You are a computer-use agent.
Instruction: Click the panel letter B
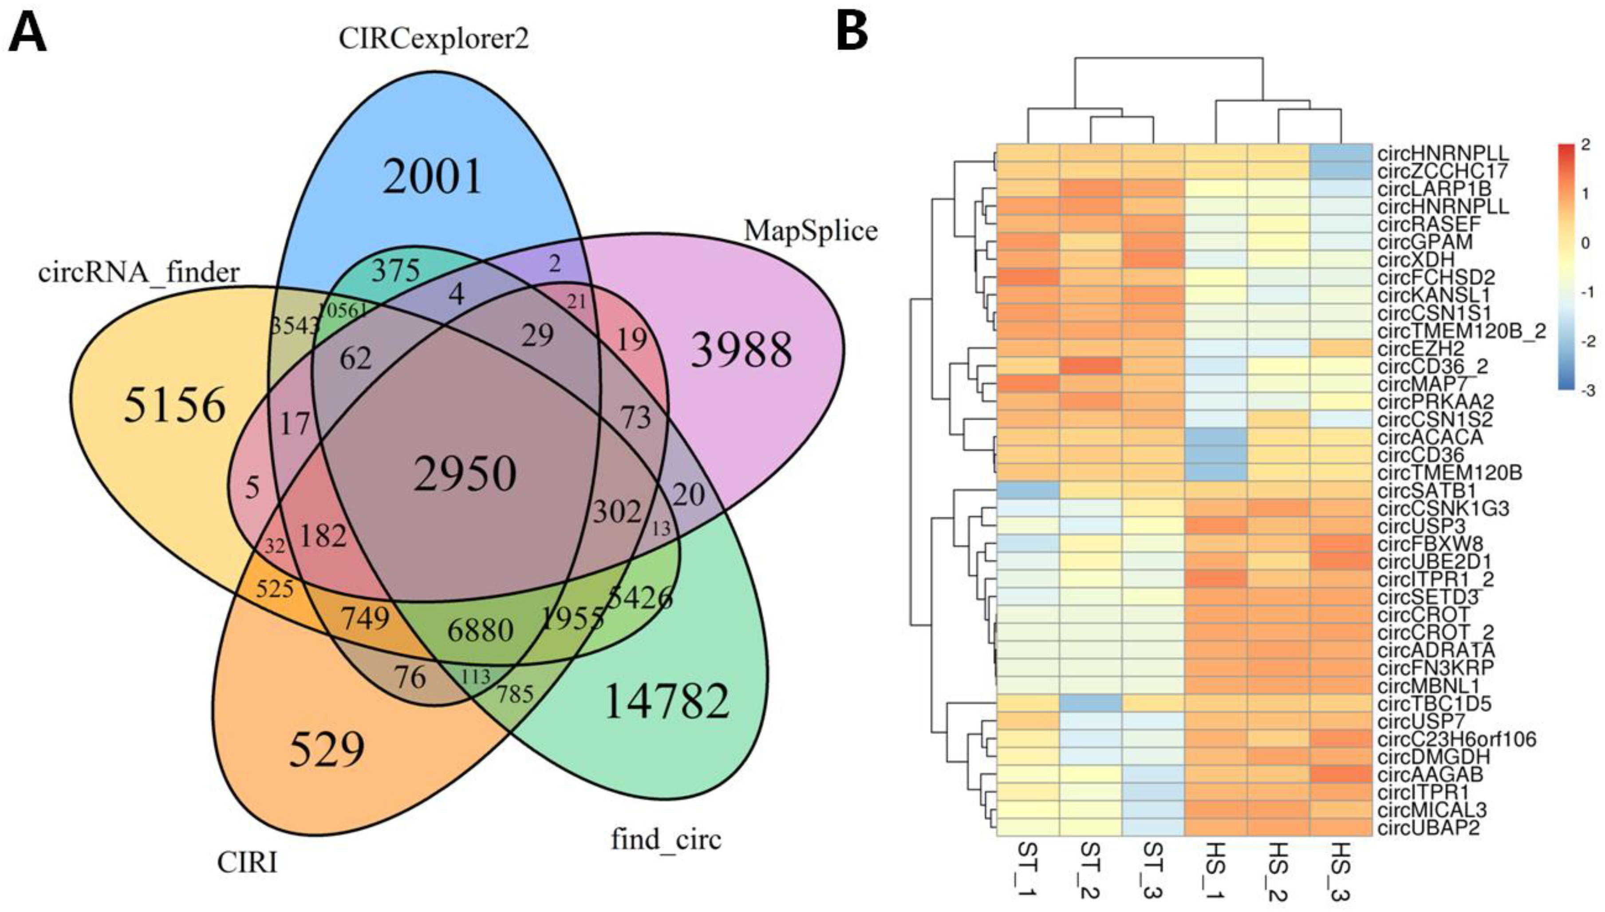852,32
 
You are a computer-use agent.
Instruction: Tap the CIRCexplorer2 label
434,39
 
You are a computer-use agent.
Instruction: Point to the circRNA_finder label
139,272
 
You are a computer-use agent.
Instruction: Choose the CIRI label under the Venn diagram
247,862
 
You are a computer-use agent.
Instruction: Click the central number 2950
465,474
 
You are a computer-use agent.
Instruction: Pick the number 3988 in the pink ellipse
742,350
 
